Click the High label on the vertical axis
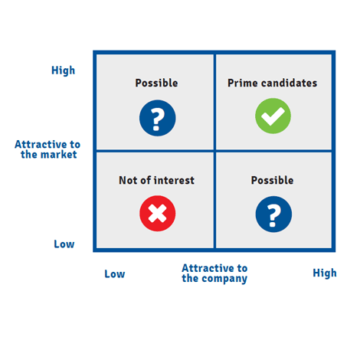pos(63,70)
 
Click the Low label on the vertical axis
pos(64,244)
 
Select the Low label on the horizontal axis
pos(115,274)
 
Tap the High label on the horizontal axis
pos(325,273)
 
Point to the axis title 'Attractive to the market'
pos(47,149)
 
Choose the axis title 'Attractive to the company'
pos(214,273)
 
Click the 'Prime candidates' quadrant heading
pos(272,83)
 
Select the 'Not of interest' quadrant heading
pos(156,180)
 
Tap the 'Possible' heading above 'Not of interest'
pos(156,83)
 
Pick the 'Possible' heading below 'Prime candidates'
pos(272,180)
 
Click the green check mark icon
pos(273,116)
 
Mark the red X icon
pos(158,214)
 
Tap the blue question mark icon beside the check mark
pos(158,118)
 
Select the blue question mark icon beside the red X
pos(273,214)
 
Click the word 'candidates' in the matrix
pos(289,83)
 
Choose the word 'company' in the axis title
pos(224,279)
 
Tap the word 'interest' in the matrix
pos(174,180)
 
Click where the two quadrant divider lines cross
pos(214,151)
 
